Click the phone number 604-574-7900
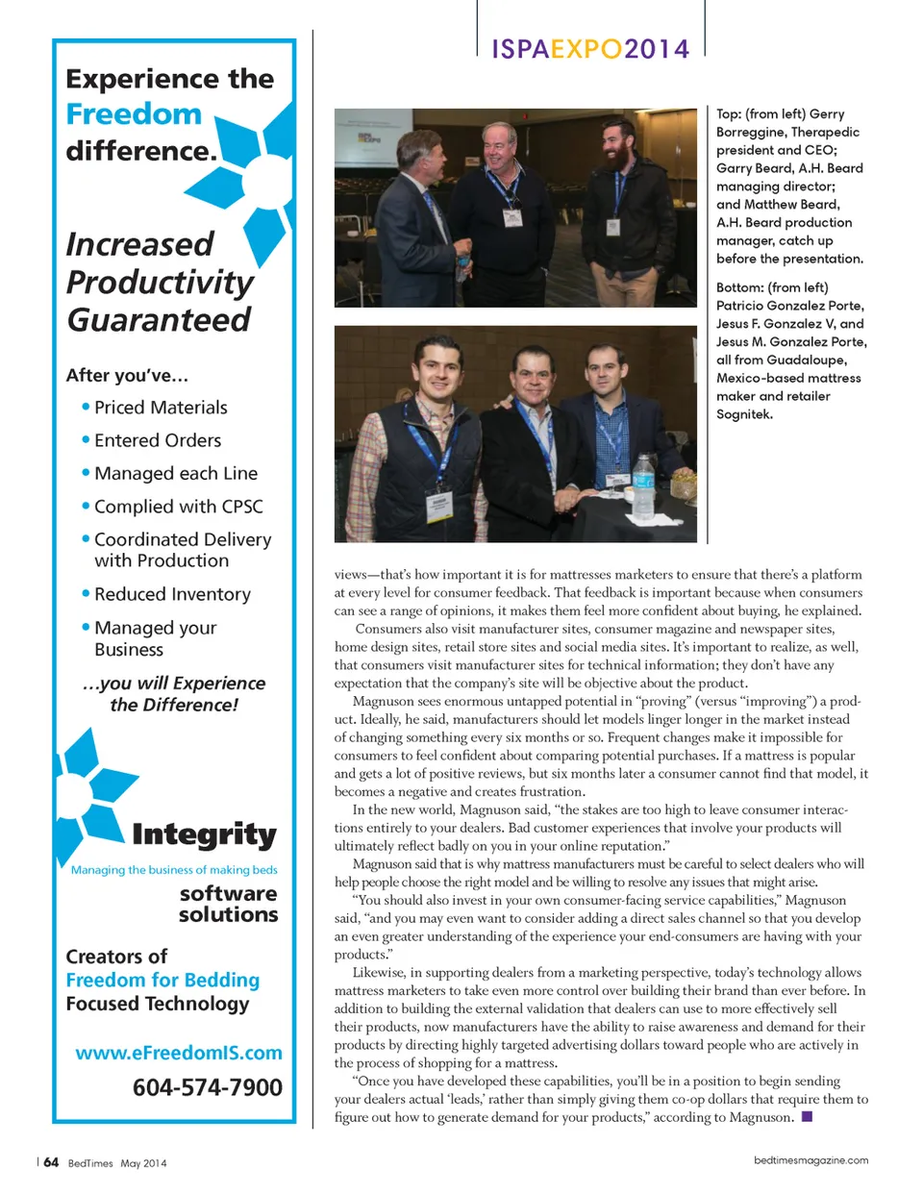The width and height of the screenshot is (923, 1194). click(x=207, y=1087)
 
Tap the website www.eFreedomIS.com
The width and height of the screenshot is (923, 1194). click(x=179, y=1053)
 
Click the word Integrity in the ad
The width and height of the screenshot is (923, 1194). click(x=204, y=834)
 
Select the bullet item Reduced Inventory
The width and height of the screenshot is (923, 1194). click(x=172, y=594)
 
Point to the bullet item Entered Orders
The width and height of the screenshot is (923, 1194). click(x=158, y=440)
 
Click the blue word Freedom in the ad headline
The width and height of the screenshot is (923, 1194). click(x=134, y=114)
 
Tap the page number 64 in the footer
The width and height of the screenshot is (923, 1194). click(x=51, y=1162)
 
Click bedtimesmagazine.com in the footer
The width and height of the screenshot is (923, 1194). click(x=811, y=1160)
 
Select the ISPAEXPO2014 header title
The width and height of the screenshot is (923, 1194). click(x=590, y=49)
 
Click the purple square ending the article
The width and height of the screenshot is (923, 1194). click(x=807, y=1117)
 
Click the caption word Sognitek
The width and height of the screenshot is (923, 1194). click(x=744, y=414)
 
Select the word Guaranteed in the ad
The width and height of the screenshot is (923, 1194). click(x=159, y=320)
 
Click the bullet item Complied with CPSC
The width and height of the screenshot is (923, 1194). click(x=178, y=507)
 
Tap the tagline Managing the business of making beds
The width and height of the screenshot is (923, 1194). click(x=174, y=870)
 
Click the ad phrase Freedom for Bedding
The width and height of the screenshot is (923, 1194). click(x=162, y=980)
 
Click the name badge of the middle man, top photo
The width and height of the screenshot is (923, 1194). click(x=513, y=217)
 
